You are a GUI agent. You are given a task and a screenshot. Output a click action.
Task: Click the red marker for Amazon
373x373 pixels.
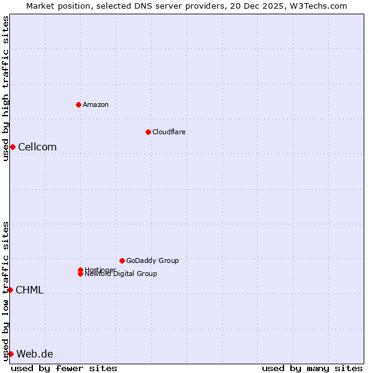[x=78, y=104]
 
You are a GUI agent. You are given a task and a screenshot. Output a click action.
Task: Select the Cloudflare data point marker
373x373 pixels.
[x=148, y=132]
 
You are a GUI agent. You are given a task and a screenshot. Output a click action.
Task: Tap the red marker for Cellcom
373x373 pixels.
[x=12, y=147]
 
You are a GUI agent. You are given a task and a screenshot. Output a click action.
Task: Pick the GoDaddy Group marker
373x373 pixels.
[x=122, y=260]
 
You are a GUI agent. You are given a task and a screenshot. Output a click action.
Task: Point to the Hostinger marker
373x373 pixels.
[x=80, y=270]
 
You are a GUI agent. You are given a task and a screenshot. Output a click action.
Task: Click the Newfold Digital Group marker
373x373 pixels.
[x=80, y=274]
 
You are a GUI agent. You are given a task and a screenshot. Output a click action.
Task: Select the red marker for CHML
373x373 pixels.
[x=10, y=290]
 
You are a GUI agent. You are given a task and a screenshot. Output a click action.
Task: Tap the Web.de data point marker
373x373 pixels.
[x=11, y=354]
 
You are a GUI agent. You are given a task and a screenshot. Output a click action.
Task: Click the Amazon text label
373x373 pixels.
[x=96, y=104]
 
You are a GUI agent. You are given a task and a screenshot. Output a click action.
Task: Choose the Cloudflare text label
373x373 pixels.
[x=169, y=132]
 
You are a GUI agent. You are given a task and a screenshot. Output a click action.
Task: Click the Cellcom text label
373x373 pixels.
[x=37, y=147]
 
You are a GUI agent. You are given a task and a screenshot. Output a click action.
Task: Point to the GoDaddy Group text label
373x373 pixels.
[x=152, y=260]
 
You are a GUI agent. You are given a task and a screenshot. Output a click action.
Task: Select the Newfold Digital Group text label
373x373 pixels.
[x=121, y=274]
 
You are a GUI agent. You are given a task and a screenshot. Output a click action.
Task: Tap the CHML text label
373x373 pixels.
[x=29, y=290]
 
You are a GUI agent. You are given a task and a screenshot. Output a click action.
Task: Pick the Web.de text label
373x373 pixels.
[x=35, y=354]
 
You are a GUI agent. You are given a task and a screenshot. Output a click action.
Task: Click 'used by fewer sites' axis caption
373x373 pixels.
[x=64, y=368]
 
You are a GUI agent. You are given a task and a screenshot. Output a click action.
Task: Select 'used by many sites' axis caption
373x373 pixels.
[x=312, y=368]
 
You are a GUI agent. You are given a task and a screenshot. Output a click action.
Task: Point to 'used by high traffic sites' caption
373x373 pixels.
[x=6, y=88]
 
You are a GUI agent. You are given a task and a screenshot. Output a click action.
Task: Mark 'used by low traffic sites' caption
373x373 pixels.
[x=6, y=291]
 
